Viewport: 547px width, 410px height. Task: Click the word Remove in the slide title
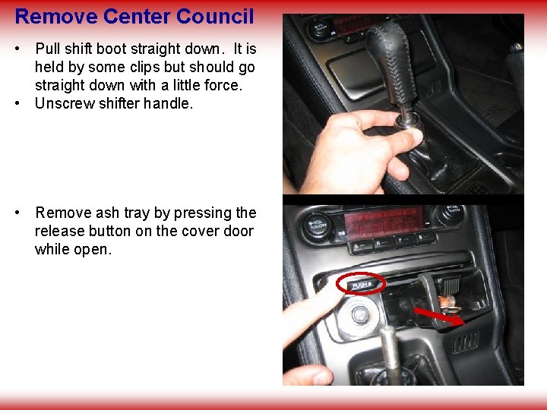pyautogui.click(x=55, y=15)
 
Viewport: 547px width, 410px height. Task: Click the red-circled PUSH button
pyautogui.click(x=362, y=285)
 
